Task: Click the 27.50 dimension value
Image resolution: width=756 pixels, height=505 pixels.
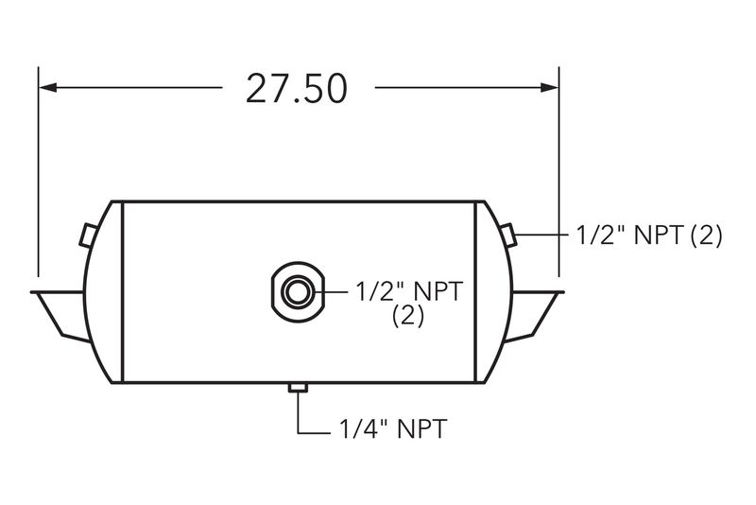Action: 296,89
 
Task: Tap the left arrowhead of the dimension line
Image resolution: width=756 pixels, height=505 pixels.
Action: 48,87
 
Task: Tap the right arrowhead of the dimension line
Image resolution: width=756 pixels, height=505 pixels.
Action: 549,87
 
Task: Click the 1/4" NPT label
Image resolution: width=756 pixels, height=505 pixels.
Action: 393,428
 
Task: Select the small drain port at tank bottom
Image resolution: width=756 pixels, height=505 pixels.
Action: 298,388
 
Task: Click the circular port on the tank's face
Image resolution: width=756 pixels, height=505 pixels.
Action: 298,292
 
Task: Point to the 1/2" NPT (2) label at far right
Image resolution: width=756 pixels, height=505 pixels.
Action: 649,235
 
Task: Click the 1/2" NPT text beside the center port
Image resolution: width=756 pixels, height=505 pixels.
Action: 409,291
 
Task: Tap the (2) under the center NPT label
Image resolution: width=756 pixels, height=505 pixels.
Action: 408,316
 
